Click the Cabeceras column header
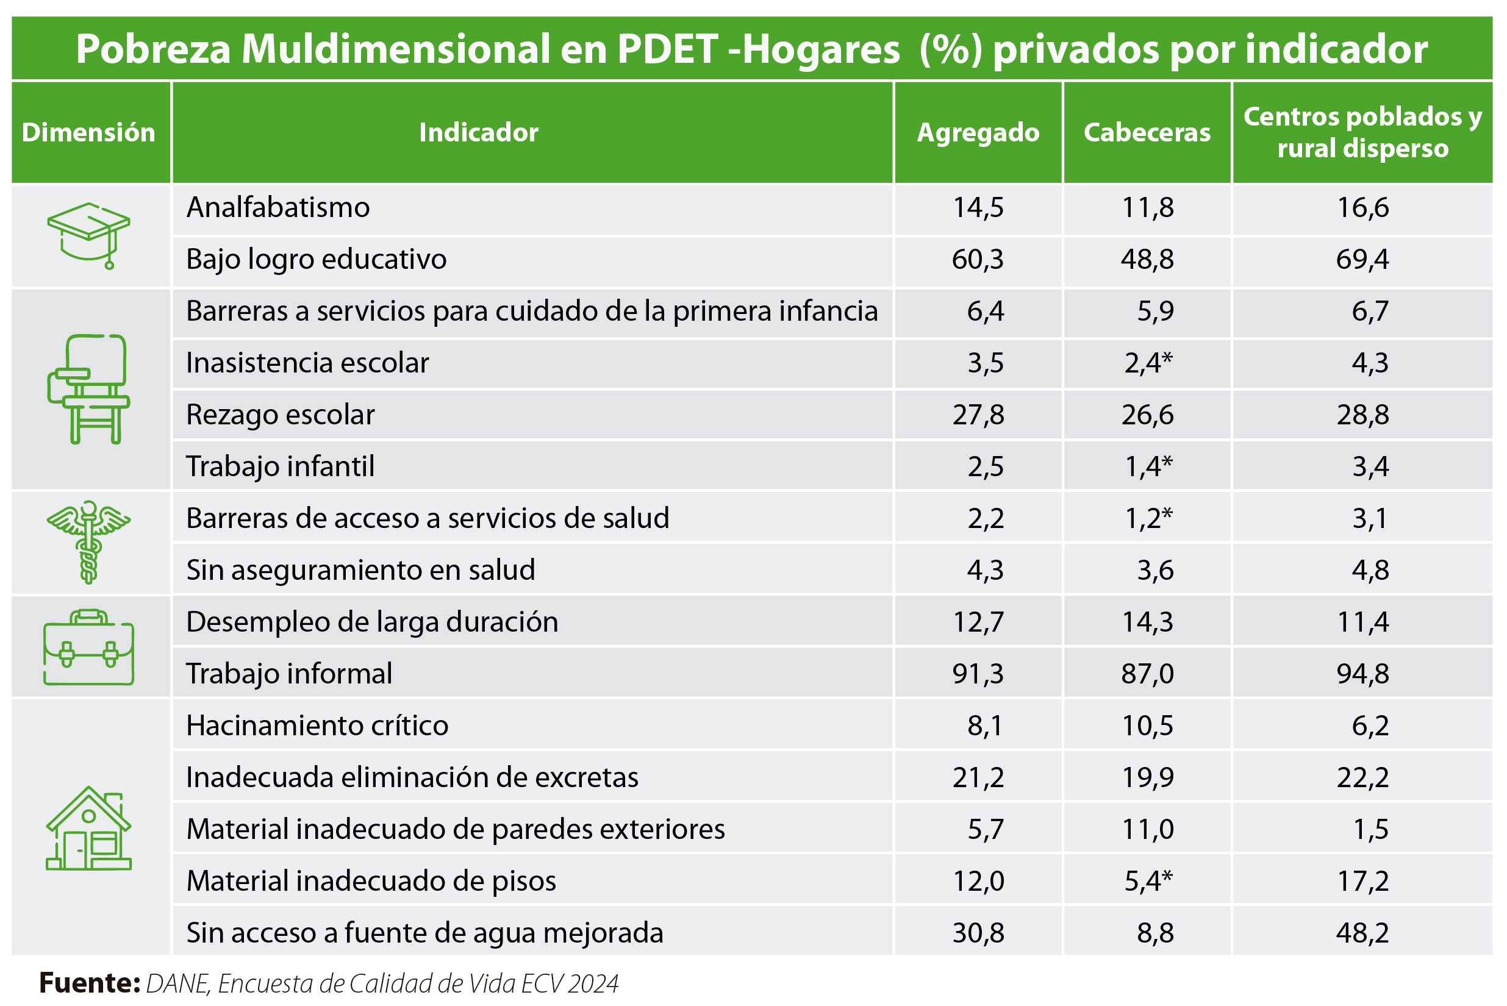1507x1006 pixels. pos(1147,132)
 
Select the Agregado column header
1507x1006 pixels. pos(978,132)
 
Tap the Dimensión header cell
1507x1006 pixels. pos(88,132)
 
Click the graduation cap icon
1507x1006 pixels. pos(88,235)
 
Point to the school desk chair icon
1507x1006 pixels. pos(88,389)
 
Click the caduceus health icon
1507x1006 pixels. pos(88,542)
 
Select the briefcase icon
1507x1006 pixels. pos(88,647)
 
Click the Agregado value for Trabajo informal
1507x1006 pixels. pos(978,674)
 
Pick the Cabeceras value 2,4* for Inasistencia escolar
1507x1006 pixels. pos(1148,363)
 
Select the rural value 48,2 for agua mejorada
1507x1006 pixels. pos(1362,932)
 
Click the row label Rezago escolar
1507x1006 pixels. pos(280,415)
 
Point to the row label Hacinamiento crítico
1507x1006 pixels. pos(317,726)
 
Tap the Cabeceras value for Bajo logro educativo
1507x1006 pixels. pos(1147,259)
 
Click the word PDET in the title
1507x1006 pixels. pos(667,49)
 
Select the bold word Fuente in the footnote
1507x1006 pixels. pos(89,983)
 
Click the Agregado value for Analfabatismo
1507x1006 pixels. pos(978,208)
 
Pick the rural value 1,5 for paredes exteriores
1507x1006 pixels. pos(1370,829)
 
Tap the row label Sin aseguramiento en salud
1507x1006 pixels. pos(360,569)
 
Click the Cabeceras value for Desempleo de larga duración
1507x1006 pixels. pos(1147,622)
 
